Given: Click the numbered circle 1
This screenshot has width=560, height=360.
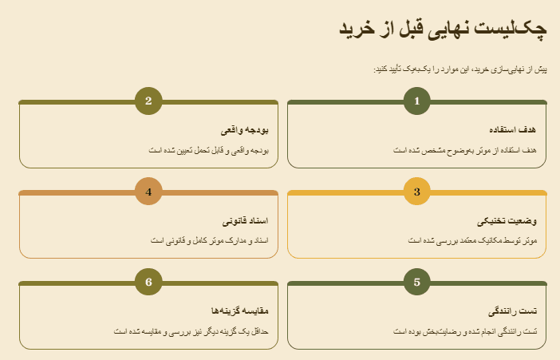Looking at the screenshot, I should pyautogui.click(x=416, y=101).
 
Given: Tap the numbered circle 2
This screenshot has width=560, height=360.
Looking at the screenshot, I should pyautogui.click(x=148, y=101).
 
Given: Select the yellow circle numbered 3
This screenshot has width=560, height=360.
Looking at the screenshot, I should pyautogui.click(x=416, y=192).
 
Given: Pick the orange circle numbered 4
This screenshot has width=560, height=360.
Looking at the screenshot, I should pyautogui.click(x=148, y=192).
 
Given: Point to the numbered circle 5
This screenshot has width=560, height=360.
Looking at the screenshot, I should pyautogui.click(x=416, y=282).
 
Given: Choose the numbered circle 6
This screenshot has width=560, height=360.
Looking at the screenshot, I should pyautogui.click(x=148, y=282).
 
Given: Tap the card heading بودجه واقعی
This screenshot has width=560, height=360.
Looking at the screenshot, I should pyautogui.click(x=244, y=129).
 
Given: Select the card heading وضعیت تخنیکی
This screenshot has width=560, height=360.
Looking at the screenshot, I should pyautogui.click(x=507, y=220).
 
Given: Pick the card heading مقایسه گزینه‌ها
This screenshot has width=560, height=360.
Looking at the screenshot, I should pyautogui.click(x=239, y=310).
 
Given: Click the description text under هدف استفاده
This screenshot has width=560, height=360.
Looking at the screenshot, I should pyautogui.click(x=466, y=149).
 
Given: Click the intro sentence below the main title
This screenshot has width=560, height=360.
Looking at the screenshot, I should pyautogui.click(x=460, y=70).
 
